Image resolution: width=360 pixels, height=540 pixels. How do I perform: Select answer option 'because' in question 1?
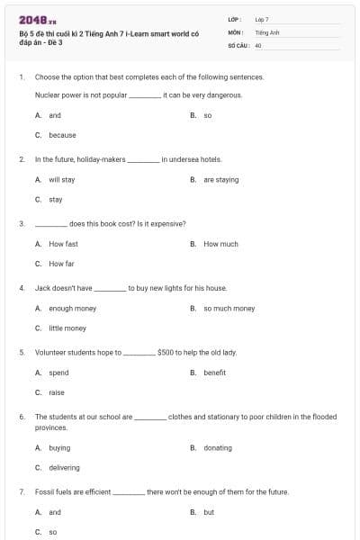point(62,135)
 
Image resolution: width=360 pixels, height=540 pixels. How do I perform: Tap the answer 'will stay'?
point(61,179)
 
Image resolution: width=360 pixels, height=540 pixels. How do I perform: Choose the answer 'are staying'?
point(220,179)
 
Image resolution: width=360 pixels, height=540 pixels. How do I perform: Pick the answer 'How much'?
point(220,244)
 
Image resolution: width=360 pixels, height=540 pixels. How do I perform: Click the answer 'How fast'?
point(63,244)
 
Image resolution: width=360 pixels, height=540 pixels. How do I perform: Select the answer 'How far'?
point(61,264)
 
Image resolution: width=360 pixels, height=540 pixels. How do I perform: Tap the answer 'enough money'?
point(72,308)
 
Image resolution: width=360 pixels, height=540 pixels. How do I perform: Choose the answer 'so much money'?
point(229,308)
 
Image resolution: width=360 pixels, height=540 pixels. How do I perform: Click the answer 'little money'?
point(67,328)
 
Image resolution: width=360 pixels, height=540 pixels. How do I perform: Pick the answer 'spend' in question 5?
point(58,373)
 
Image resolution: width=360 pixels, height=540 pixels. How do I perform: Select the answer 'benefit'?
point(214,373)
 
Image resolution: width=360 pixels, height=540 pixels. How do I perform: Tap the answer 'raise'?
point(57,392)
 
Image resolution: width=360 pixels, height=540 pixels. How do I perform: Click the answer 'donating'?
point(217,447)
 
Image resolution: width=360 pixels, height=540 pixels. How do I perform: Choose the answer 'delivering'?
point(64,467)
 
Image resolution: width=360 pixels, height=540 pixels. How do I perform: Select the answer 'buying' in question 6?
point(59,447)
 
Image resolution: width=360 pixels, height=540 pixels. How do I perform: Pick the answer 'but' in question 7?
point(209,512)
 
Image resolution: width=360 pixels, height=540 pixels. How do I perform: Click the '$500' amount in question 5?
point(166,353)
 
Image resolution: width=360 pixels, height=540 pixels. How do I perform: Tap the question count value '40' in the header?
point(258,45)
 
